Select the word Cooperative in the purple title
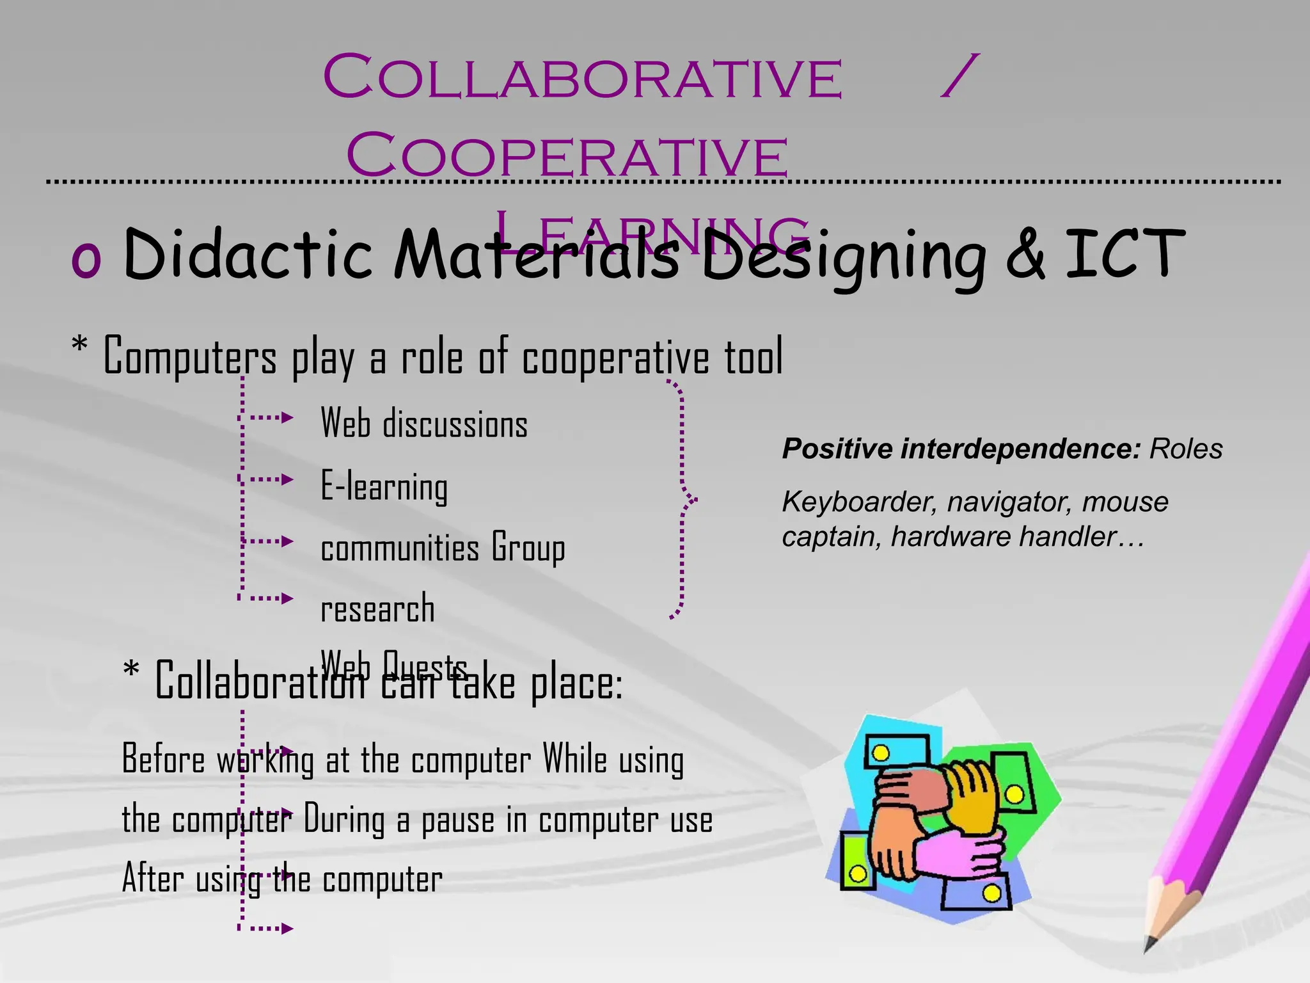point(567,156)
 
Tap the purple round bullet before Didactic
point(86,259)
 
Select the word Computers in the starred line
point(189,356)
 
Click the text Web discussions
point(423,424)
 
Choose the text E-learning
point(384,486)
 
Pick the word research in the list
point(377,609)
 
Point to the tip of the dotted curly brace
point(693,499)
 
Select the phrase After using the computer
point(282,879)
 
